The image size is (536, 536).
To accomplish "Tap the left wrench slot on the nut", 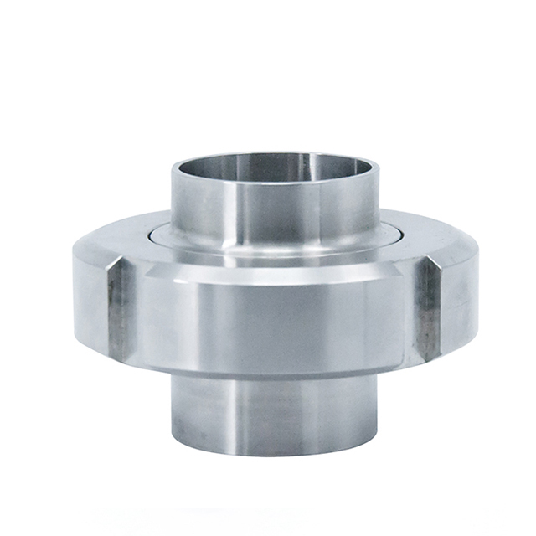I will coord(119,310).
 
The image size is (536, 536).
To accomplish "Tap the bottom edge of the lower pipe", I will coord(275,452).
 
